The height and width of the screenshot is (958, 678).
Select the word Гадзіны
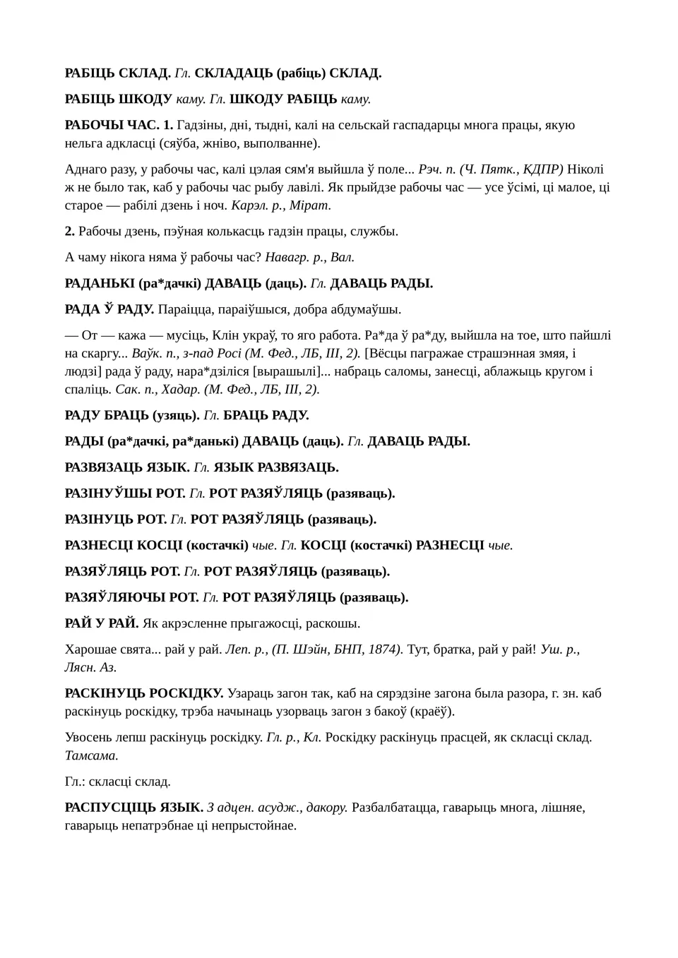202,125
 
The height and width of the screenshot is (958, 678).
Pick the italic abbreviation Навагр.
288,257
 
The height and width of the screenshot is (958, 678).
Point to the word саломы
395,371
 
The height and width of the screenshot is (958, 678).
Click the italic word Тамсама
91,755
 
